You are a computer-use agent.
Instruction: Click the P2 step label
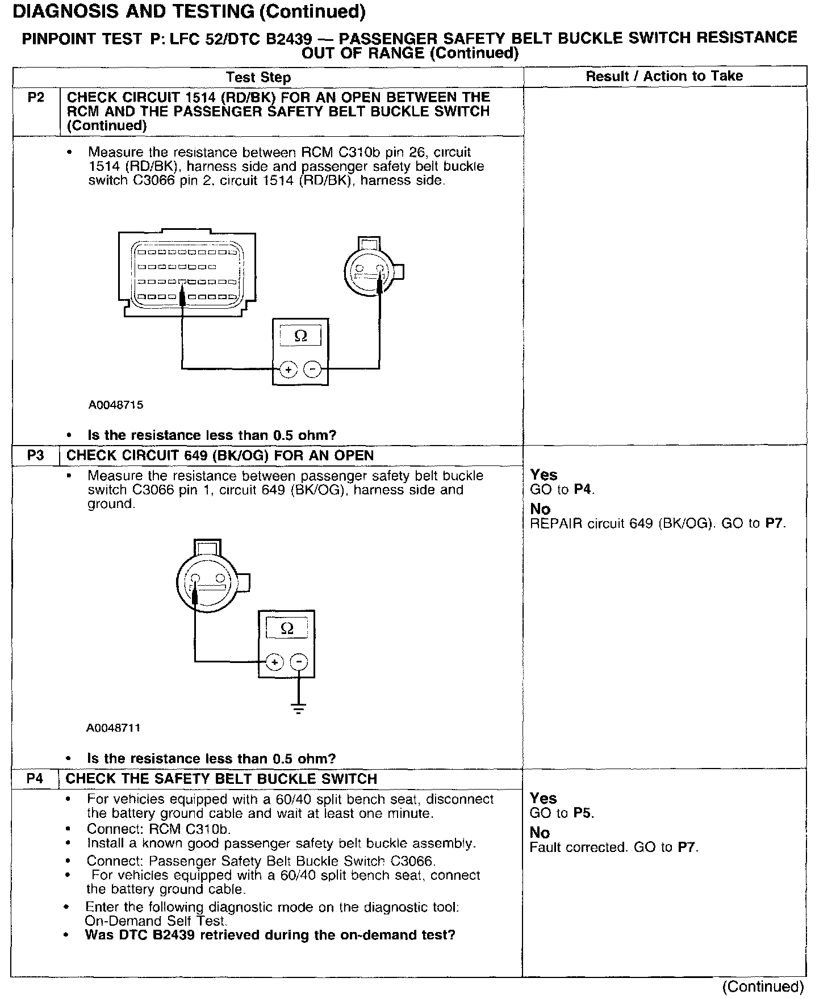pyautogui.click(x=35, y=98)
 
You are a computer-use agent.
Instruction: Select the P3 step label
pyautogui.click(x=35, y=455)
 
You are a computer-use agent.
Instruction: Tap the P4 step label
pyautogui.click(x=35, y=779)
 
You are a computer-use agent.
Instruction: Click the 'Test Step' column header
pyautogui.click(x=258, y=78)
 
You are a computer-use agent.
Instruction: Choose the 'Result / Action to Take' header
pyautogui.click(x=664, y=76)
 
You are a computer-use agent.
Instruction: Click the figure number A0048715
pyautogui.click(x=116, y=405)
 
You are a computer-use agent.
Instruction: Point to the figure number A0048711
pyautogui.click(x=114, y=728)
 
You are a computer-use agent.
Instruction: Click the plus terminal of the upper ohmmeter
pyautogui.click(x=289, y=370)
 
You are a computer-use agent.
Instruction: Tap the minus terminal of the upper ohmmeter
pyautogui.click(x=312, y=370)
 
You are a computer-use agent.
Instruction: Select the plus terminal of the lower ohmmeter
pyautogui.click(x=274, y=662)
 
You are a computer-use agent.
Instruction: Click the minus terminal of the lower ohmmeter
pyautogui.click(x=299, y=662)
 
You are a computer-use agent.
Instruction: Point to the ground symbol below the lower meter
pyautogui.click(x=299, y=707)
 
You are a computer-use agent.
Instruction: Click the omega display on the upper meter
pyautogui.click(x=301, y=336)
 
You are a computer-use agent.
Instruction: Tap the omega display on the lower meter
pyautogui.click(x=287, y=628)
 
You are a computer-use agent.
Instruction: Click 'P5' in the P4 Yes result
pyautogui.click(x=583, y=813)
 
